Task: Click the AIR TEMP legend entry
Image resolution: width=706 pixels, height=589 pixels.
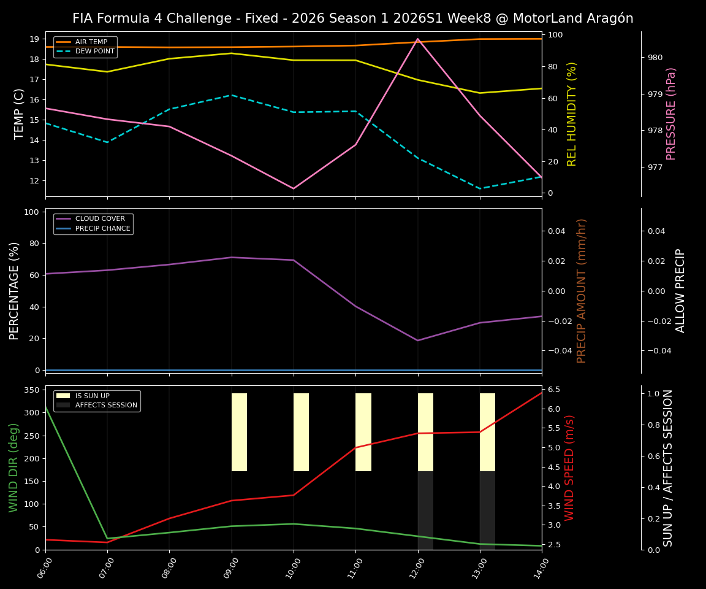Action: click(91, 42)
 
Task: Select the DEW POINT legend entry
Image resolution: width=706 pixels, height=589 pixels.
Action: click(94, 52)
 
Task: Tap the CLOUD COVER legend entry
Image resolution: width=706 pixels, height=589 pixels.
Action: click(99, 219)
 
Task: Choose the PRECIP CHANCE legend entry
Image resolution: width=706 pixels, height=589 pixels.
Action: click(102, 229)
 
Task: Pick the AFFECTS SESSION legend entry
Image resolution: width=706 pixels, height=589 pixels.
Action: click(106, 406)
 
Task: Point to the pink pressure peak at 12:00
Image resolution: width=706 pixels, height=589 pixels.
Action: click(418, 39)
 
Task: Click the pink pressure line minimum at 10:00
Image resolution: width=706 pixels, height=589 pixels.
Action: click(294, 188)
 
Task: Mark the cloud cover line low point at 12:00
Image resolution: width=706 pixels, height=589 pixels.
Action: click(418, 341)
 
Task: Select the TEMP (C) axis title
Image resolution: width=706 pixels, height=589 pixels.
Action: click(20, 114)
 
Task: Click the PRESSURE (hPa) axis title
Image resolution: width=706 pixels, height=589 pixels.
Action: click(671, 114)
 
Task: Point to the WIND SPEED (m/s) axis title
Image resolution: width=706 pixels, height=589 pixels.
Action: click(570, 468)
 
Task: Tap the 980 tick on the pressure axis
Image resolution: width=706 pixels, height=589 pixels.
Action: click(655, 58)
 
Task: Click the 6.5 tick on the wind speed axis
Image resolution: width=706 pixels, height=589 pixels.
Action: click(554, 390)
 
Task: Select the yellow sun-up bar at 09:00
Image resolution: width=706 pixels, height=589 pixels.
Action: click(239, 432)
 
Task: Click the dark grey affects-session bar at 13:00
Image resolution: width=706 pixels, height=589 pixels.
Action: click(487, 510)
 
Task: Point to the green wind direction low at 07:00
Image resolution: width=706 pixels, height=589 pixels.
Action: click(107, 539)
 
